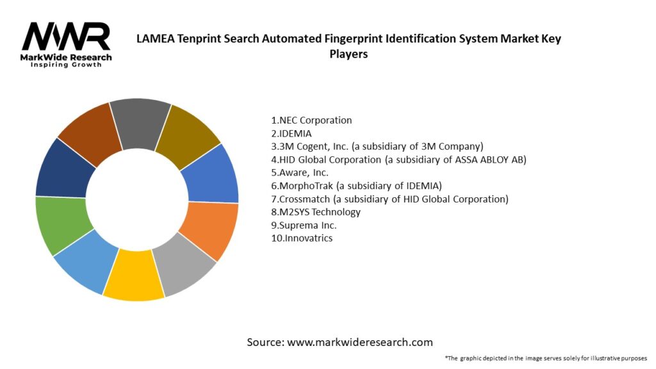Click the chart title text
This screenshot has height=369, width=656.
[348, 45]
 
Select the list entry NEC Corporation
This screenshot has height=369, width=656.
[311, 120]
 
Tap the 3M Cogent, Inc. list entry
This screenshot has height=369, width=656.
[377, 146]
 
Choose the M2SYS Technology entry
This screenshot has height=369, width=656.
[316, 212]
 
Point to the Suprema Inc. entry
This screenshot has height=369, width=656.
[304, 225]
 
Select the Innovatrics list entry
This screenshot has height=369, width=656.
[302, 238]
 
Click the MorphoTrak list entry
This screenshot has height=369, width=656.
[356, 186]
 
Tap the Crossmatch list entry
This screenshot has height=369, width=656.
[389, 199]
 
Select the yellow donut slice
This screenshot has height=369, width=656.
[133, 281]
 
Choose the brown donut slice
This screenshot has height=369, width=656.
[90, 132]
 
